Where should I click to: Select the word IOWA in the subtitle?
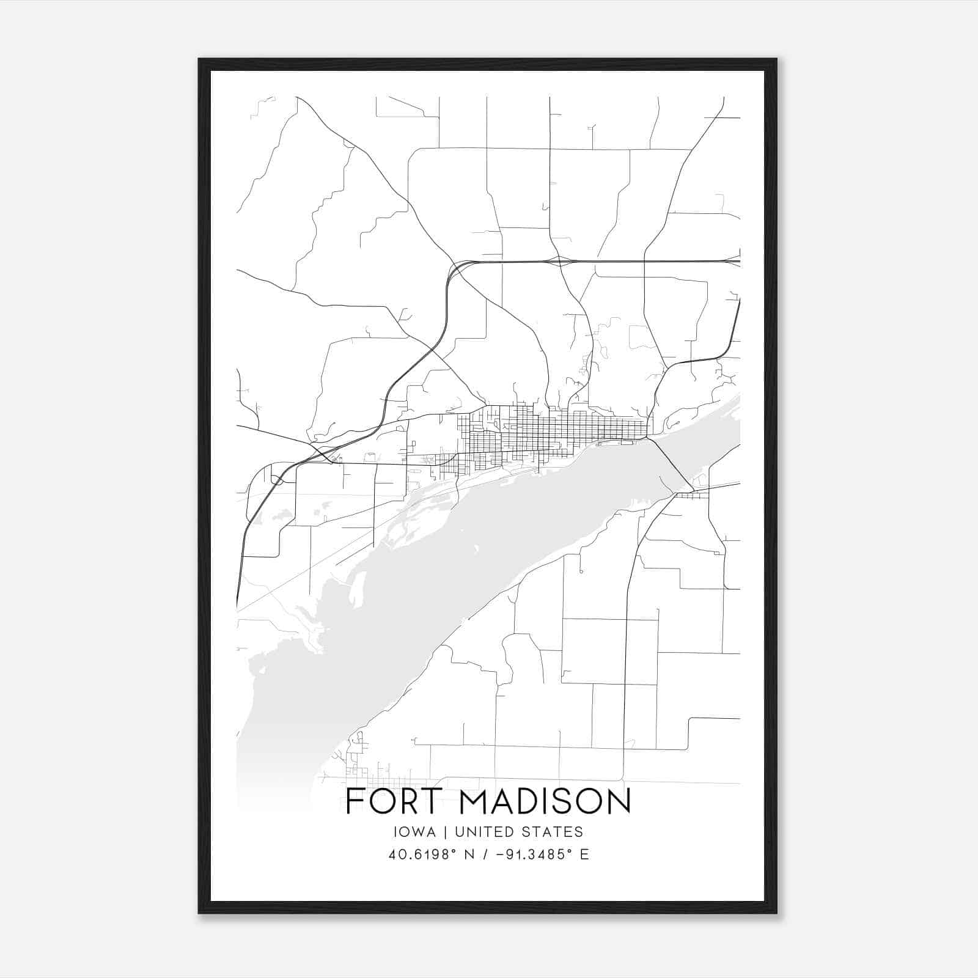coord(415,832)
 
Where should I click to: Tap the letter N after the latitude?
coord(469,855)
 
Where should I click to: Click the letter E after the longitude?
coord(584,855)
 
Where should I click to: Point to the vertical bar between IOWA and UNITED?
coord(446,832)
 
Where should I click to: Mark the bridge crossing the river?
coord(671,465)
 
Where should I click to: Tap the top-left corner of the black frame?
coord(199,59)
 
